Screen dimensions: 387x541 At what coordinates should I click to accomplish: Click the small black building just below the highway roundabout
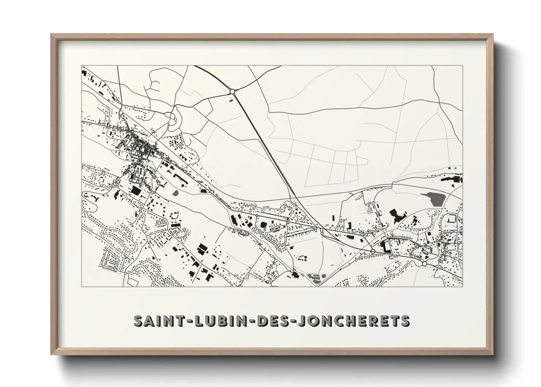click(x=231, y=99)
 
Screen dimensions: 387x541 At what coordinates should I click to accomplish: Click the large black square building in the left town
click(x=135, y=191)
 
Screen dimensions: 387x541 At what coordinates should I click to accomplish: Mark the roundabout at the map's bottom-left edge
click(x=125, y=273)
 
